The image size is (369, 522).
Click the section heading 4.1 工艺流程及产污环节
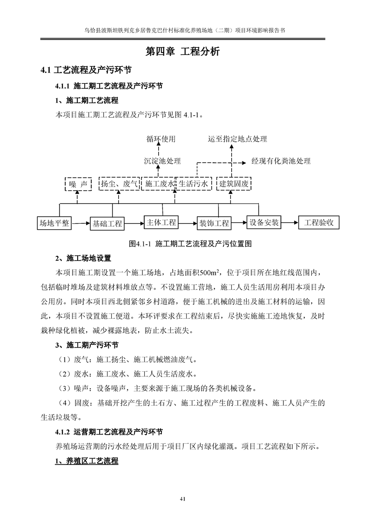[x=86, y=70]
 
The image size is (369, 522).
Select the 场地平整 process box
[x=54, y=223]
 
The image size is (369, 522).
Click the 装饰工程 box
[x=214, y=223]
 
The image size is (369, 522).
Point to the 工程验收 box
[x=319, y=223]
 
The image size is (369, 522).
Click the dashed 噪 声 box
[x=78, y=184]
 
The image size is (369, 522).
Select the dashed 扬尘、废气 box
[x=119, y=184]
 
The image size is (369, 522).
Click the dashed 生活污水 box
[x=194, y=184]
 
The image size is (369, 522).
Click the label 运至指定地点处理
[x=237, y=139]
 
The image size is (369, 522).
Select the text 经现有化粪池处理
[x=281, y=161]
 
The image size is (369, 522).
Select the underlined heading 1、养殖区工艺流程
[x=87, y=462]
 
